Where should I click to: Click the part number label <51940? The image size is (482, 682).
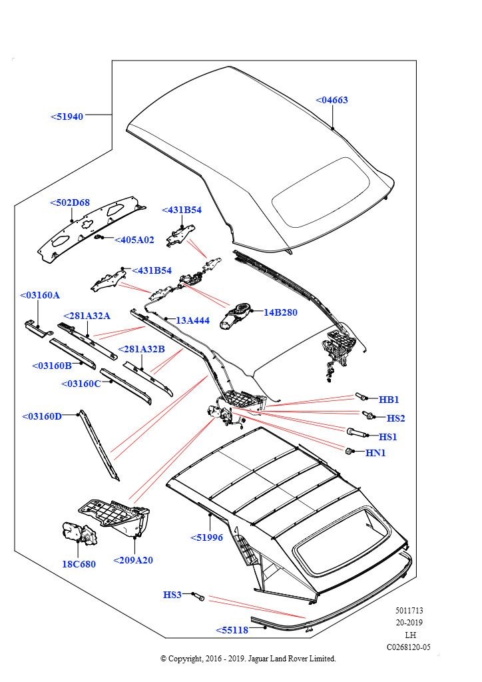click(x=67, y=117)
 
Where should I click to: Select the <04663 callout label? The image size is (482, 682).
click(x=332, y=101)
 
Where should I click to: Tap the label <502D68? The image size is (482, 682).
click(x=70, y=203)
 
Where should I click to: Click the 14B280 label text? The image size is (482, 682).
click(x=280, y=312)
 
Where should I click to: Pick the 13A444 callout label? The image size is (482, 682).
click(x=192, y=320)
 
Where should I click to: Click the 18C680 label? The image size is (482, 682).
click(x=79, y=564)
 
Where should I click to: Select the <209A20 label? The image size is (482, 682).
click(x=133, y=560)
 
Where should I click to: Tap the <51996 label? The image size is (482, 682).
click(x=206, y=537)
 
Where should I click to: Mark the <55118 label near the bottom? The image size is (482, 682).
click(x=232, y=630)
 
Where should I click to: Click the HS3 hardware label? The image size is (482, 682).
click(x=172, y=595)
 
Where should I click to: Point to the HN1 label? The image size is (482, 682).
click(x=375, y=454)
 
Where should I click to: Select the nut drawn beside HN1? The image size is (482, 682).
click(x=350, y=452)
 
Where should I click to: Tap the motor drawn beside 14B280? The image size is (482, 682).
click(x=238, y=314)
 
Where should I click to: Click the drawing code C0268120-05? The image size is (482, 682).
click(x=409, y=647)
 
